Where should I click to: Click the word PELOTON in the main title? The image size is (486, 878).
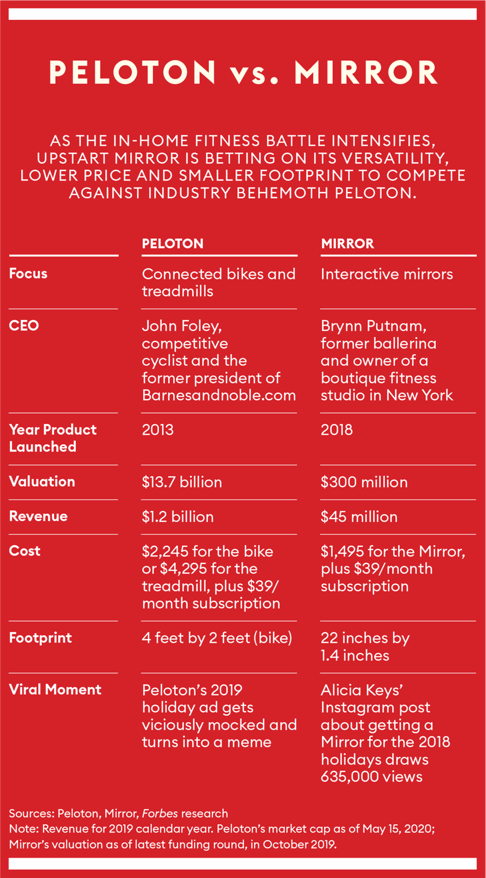coord(133,73)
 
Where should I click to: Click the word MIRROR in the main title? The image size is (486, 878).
coord(366,73)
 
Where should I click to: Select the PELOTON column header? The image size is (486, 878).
coord(172,243)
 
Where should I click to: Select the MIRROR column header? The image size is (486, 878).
coord(347,243)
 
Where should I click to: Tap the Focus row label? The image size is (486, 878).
coord(28,274)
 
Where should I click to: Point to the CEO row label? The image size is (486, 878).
coord(24,326)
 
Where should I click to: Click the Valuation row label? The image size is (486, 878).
coord(42,481)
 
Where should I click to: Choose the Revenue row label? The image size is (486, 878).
coord(39,516)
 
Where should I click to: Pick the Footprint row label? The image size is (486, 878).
coord(41,638)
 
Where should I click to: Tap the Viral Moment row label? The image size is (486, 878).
coord(55,690)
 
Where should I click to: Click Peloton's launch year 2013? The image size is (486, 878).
coord(158,430)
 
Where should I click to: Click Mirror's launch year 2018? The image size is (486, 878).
coord(337,430)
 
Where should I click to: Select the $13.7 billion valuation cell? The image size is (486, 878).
coord(182,482)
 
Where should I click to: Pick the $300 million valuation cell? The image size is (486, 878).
coord(364,482)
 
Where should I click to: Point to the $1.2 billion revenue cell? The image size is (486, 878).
coord(178,517)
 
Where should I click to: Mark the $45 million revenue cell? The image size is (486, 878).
coord(359,517)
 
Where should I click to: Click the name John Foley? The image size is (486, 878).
coord(181,326)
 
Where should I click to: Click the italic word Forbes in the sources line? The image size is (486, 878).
coord(160,814)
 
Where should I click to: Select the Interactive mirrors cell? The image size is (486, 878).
coord(387,274)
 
